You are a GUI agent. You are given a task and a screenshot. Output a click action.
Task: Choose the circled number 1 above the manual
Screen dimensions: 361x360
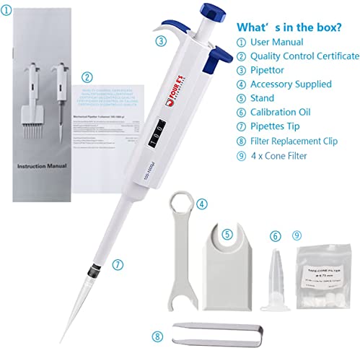point(7,10)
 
